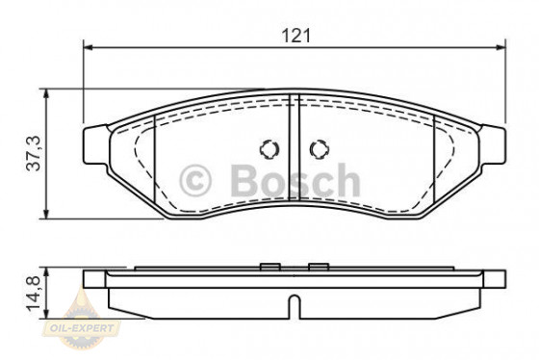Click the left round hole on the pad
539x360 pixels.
coord(269,150)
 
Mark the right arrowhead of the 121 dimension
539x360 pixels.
coord(500,46)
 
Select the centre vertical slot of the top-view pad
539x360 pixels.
coord(295,144)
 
